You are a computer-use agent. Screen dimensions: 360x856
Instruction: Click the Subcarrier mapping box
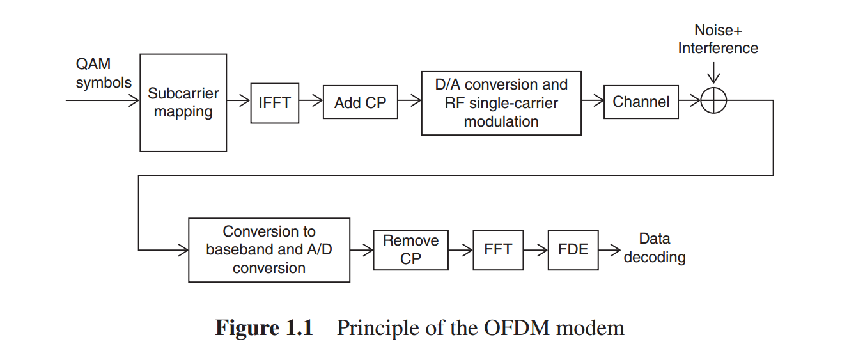[x=183, y=102]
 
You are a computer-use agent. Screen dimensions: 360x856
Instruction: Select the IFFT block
[x=274, y=102]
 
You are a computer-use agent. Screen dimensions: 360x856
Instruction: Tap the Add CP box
[x=360, y=102]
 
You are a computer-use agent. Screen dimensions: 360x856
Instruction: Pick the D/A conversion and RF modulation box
[x=501, y=103]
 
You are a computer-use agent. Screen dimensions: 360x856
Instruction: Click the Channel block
[x=641, y=102]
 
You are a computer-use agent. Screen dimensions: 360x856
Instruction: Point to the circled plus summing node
[x=713, y=101]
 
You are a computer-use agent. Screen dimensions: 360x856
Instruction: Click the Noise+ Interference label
[x=717, y=40]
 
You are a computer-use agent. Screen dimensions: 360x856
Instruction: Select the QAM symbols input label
[x=103, y=73]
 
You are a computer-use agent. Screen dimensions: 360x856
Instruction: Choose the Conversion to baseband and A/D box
[x=269, y=250]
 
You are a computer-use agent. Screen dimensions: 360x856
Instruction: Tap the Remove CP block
[x=410, y=250]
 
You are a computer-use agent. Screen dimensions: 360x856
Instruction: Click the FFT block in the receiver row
[x=498, y=249]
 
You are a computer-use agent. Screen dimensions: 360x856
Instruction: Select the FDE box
[x=573, y=249]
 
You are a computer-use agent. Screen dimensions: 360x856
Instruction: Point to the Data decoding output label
[x=655, y=248]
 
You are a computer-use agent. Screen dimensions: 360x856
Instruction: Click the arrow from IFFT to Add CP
[x=311, y=100]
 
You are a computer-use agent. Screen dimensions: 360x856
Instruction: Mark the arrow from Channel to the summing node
[x=689, y=100]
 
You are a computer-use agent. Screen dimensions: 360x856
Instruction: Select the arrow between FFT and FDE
[x=536, y=249]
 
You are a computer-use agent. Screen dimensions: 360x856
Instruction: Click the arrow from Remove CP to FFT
[x=461, y=249]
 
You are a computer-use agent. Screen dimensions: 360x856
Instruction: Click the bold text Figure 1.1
[x=264, y=328]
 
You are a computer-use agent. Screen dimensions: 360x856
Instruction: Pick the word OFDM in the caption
[x=518, y=328]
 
